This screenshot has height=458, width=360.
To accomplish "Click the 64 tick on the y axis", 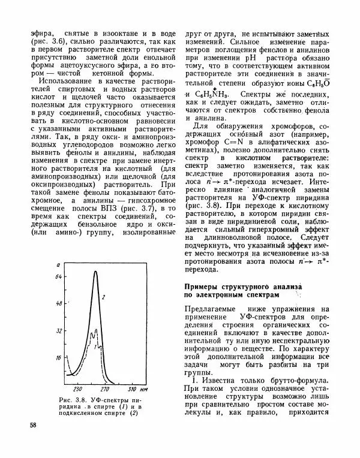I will pyautogui.click(x=59, y=278).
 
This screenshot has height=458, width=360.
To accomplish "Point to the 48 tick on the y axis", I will pyautogui.click(x=59, y=304).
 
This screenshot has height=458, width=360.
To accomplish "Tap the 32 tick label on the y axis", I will pyautogui.click(x=59, y=330).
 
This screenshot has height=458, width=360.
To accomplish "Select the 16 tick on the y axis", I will pyautogui.click(x=59, y=357).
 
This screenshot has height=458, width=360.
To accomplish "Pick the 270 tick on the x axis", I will pyautogui.click(x=103, y=388).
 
